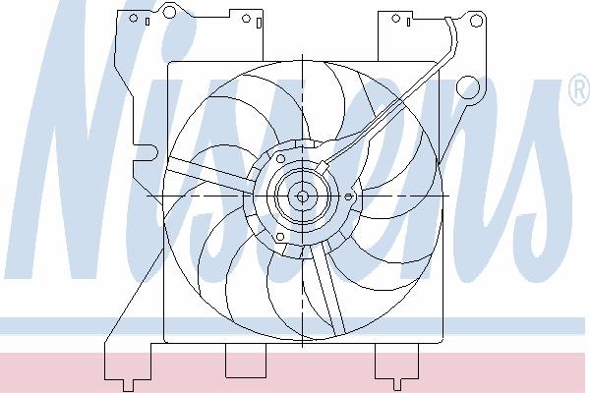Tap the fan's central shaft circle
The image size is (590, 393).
click(302, 196)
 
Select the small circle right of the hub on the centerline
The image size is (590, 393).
click(348, 196)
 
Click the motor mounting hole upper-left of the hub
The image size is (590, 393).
click(280, 159)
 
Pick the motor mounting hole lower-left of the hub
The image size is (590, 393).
click(280, 237)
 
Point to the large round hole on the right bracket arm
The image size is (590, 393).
click(468, 87)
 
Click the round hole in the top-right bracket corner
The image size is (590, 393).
click(476, 21)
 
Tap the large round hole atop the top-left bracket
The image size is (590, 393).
click(169, 11)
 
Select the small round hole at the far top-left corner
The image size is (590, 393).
click(133, 18)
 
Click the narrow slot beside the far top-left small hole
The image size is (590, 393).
click(147, 22)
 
